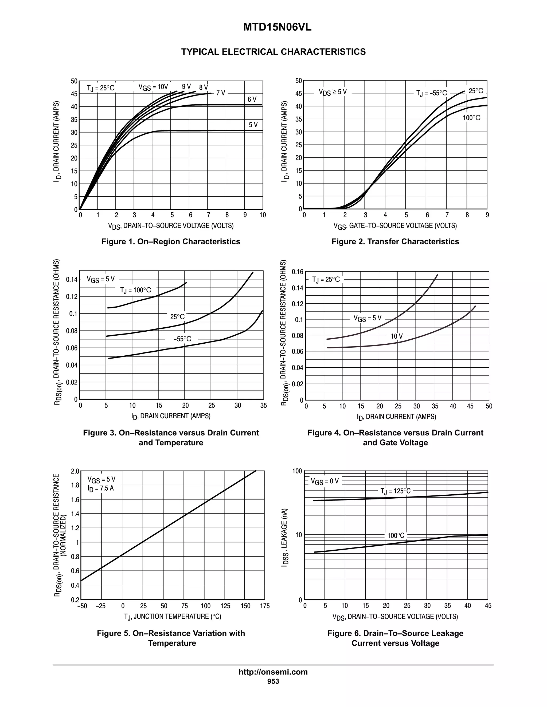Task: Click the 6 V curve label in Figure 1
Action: click(x=252, y=100)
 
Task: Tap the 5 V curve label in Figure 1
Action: click(x=253, y=125)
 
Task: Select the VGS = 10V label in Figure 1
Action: click(x=153, y=87)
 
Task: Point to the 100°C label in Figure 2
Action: click(x=471, y=118)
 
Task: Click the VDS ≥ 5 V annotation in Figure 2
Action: click(x=333, y=92)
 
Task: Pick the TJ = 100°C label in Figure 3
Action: click(x=135, y=290)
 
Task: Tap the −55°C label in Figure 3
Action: click(x=182, y=339)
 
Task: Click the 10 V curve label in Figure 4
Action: click(x=397, y=336)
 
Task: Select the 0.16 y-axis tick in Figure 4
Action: click(x=298, y=272)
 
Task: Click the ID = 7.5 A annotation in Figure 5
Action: click(x=101, y=488)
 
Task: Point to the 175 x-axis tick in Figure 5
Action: click(x=265, y=606)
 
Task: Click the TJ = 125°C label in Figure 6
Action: click(x=395, y=491)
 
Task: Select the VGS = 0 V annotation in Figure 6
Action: click(x=325, y=481)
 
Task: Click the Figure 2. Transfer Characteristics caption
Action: click(x=395, y=241)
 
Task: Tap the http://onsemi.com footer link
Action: click(x=273, y=672)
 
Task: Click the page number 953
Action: click(x=273, y=681)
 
